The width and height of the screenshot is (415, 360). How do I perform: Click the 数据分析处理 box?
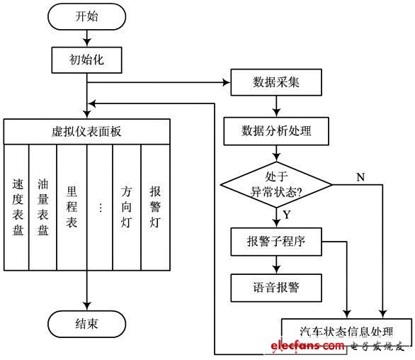[x=275, y=130]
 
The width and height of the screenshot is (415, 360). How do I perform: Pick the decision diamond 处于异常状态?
[x=275, y=186]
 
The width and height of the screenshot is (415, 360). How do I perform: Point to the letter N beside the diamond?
[x=360, y=176]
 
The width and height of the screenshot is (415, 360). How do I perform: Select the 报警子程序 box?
[x=275, y=242]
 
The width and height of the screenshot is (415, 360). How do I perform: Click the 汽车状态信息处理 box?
[x=346, y=331]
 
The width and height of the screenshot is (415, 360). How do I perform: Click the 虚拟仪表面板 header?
[x=86, y=131]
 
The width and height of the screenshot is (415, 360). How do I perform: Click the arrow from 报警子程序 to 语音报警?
[x=275, y=264]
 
